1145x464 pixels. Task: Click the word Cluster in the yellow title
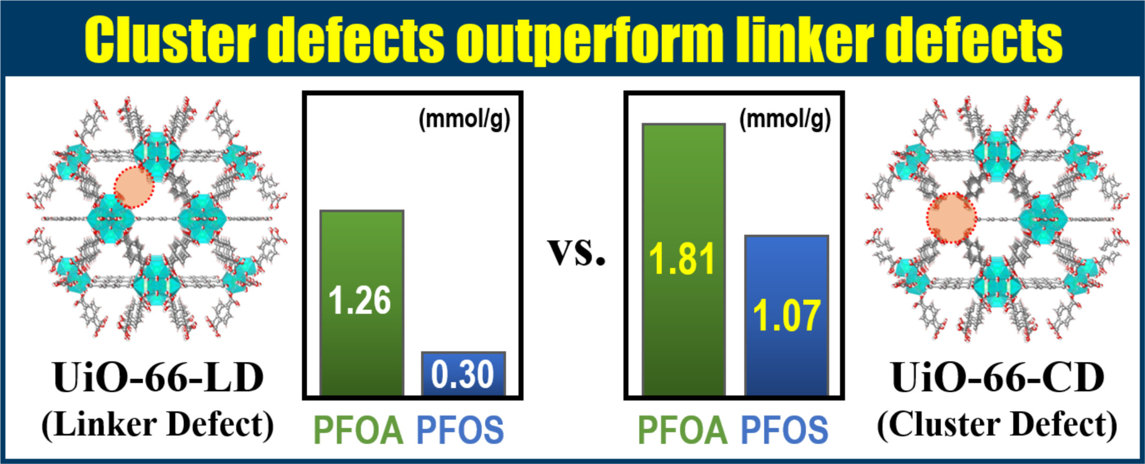point(170,39)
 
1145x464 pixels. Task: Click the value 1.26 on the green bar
point(360,301)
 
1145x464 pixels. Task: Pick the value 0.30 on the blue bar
point(463,374)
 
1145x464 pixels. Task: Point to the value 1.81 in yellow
point(682,259)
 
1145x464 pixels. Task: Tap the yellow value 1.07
point(786,316)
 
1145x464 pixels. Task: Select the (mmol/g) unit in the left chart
point(464,119)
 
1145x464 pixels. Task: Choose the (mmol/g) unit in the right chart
point(785,119)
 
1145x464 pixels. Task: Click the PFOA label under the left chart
point(359,430)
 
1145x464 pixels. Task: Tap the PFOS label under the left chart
point(460,430)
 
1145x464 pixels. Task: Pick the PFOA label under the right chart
point(683,430)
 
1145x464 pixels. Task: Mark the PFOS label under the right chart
point(784,430)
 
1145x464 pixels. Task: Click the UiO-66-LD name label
point(158,377)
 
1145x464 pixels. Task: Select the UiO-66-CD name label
point(998,377)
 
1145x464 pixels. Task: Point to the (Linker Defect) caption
point(158,424)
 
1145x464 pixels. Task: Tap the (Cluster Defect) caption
point(998,424)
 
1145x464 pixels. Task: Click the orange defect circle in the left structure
point(134,187)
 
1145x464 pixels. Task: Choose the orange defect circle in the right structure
point(952,218)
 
